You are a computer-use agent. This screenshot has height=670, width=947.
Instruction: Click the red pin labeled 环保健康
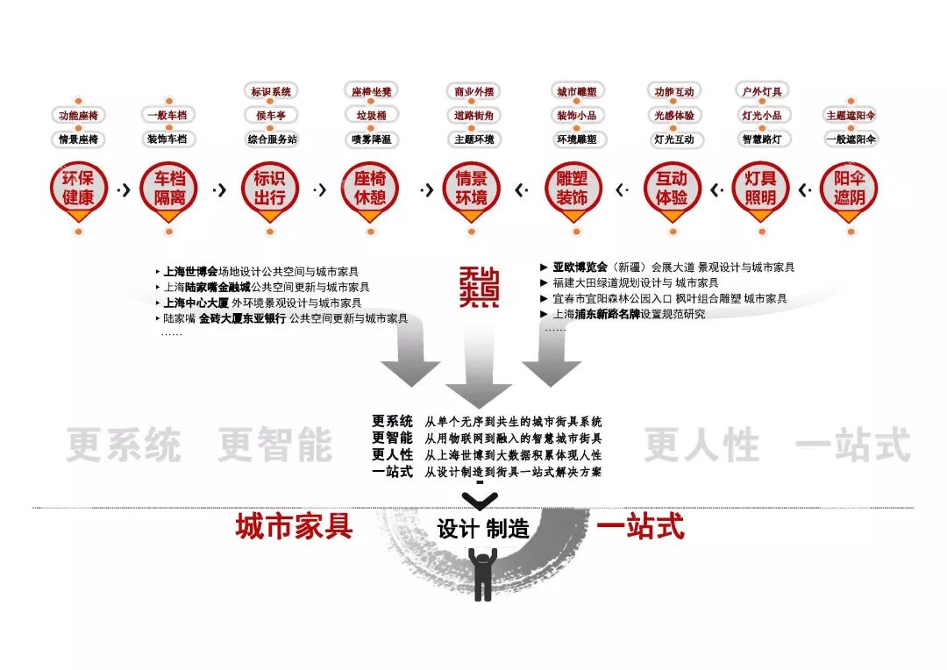[78, 189]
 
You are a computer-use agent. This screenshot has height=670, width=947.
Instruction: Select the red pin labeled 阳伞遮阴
[849, 189]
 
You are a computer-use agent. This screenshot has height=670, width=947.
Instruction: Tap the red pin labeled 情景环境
[472, 189]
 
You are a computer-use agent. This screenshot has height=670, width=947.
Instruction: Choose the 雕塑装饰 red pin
[572, 189]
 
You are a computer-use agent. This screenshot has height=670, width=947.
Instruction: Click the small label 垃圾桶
[371, 115]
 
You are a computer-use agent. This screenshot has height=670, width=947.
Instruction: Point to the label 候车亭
[271, 115]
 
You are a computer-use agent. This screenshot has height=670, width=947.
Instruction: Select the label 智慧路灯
[761, 139]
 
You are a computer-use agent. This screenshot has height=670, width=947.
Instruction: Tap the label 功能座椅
[78, 115]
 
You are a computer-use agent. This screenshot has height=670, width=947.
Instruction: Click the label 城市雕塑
[576, 91]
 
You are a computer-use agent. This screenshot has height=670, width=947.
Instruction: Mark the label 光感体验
[673, 115]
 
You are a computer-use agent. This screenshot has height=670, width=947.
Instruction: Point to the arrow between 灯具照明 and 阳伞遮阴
[803, 189]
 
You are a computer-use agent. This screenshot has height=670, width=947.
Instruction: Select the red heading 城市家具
[294, 526]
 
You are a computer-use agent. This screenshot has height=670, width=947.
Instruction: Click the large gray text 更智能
[274, 445]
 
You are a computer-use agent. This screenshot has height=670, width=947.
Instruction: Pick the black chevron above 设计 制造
[479, 501]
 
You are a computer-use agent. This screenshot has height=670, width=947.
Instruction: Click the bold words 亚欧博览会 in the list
[580, 267]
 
